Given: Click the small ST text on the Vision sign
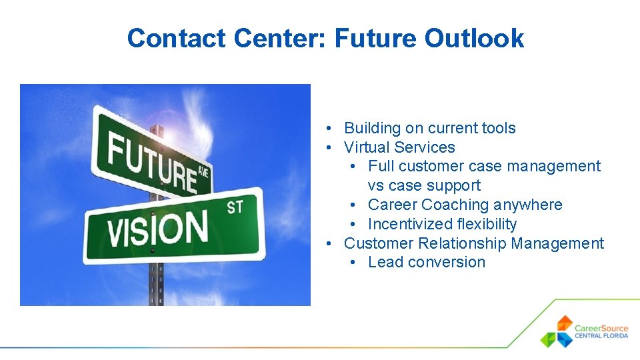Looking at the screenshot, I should tap(235, 207).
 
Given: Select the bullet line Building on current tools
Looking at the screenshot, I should tap(429, 128).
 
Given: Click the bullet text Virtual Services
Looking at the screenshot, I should tap(399, 147).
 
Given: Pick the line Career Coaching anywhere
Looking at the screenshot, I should tap(465, 205).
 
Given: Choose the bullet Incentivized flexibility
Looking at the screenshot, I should tap(442, 224).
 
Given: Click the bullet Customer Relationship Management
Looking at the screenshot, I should tap(473, 243).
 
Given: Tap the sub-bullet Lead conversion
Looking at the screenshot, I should tap(426, 262).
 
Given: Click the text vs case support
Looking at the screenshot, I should tap(423, 185).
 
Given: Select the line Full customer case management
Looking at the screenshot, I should tap(484, 166).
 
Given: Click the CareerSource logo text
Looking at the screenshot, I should tap(601, 328).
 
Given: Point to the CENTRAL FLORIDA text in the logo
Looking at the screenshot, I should tap(601, 336).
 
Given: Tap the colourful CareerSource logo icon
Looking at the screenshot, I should tap(557, 331).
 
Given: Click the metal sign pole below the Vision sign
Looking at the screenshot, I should tap(156, 283).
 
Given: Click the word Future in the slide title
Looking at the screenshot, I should tap(375, 39).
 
